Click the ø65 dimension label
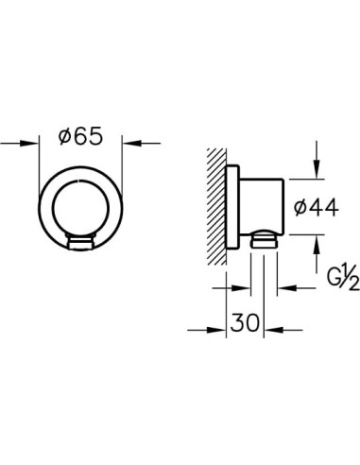point(81,136)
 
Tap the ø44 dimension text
point(316,207)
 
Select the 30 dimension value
point(245,322)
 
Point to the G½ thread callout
point(343,277)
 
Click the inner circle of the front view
point(81,209)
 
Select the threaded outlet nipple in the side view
point(264,239)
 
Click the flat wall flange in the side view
point(233,207)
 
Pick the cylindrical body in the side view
point(262,207)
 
